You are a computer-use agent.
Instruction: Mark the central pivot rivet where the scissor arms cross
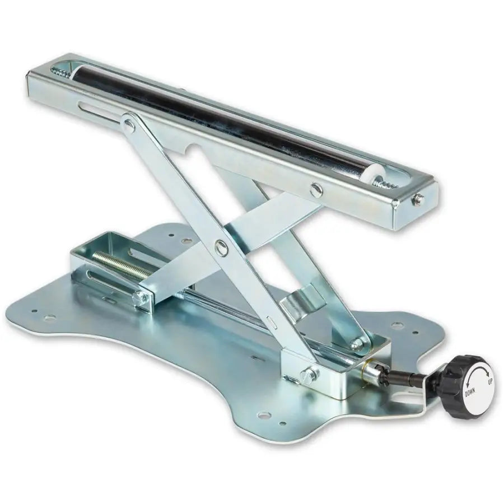[221, 246]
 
